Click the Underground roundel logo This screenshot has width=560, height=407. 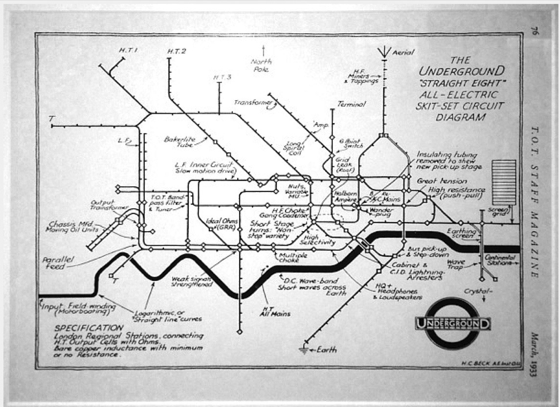[453, 323]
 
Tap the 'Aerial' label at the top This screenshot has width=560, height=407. [404, 52]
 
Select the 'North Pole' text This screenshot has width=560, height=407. [261, 65]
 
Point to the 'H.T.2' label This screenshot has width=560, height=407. [177, 51]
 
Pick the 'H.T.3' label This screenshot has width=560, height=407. [223, 78]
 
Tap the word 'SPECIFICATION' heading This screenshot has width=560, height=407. [89, 328]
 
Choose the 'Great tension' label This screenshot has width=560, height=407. [436, 181]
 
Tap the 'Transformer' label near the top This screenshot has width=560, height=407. [252, 103]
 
